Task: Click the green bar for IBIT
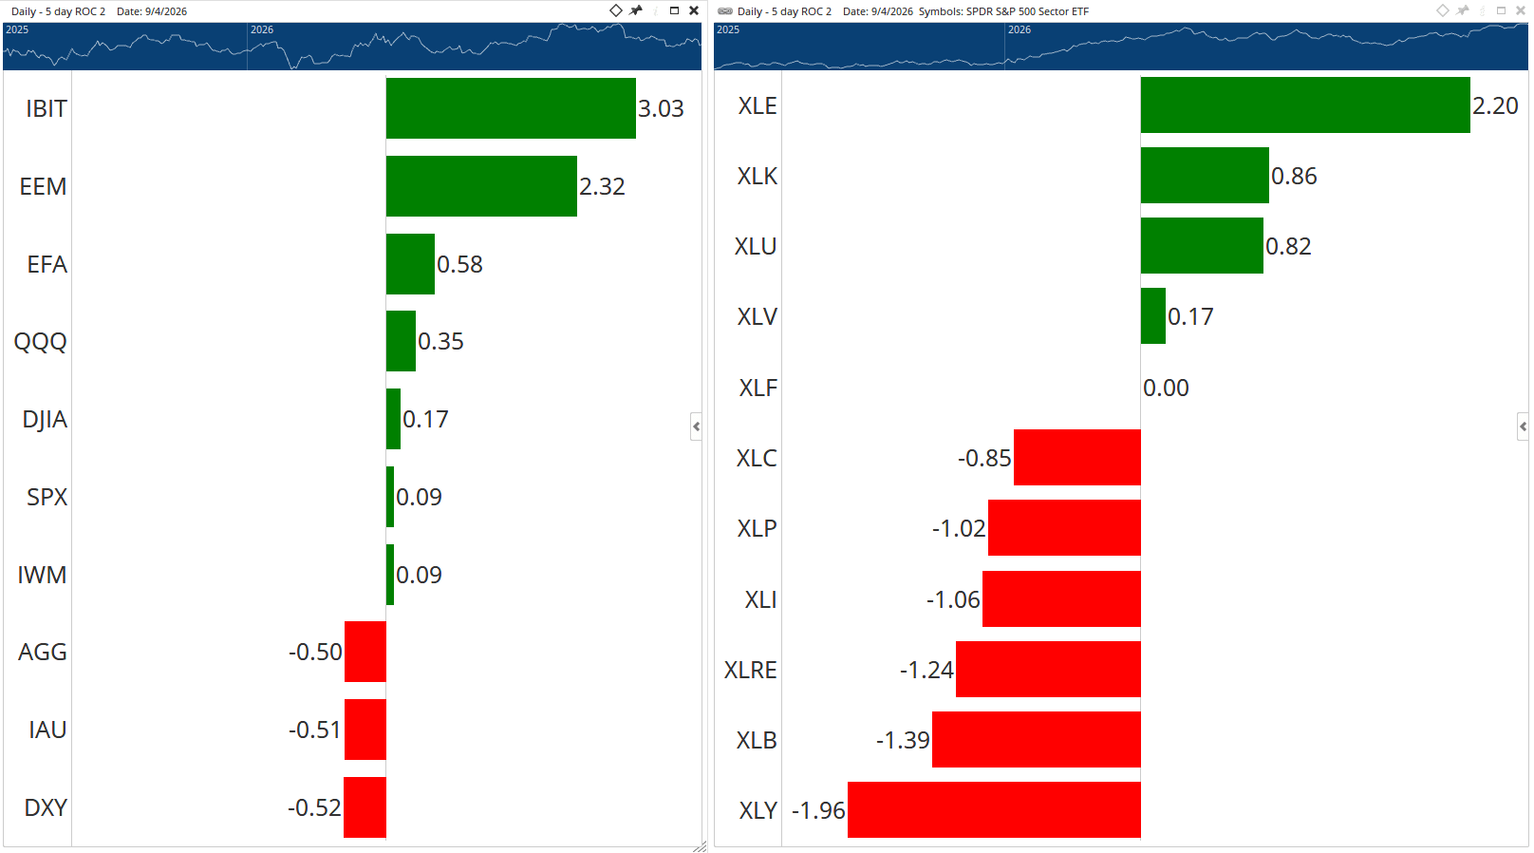(511, 108)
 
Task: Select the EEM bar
(481, 186)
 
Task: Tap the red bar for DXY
(365, 807)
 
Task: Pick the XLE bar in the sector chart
(1305, 104)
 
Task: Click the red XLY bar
(995, 810)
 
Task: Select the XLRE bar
(1049, 670)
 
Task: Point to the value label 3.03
(661, 108)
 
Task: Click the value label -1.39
(903, 740)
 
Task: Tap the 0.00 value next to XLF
(1167, 388)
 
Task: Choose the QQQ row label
(41, 341)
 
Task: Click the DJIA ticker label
(45, 419)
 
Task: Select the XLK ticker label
(757, 176)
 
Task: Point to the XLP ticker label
(757, 528)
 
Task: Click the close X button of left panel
(694, 10)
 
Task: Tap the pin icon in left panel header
(636, 10)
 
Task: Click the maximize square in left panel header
(674, 10)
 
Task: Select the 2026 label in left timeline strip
(262, 29)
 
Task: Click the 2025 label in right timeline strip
(728, 29)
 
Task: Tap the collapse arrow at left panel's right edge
(696, 426)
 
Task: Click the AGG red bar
(365, 652)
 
